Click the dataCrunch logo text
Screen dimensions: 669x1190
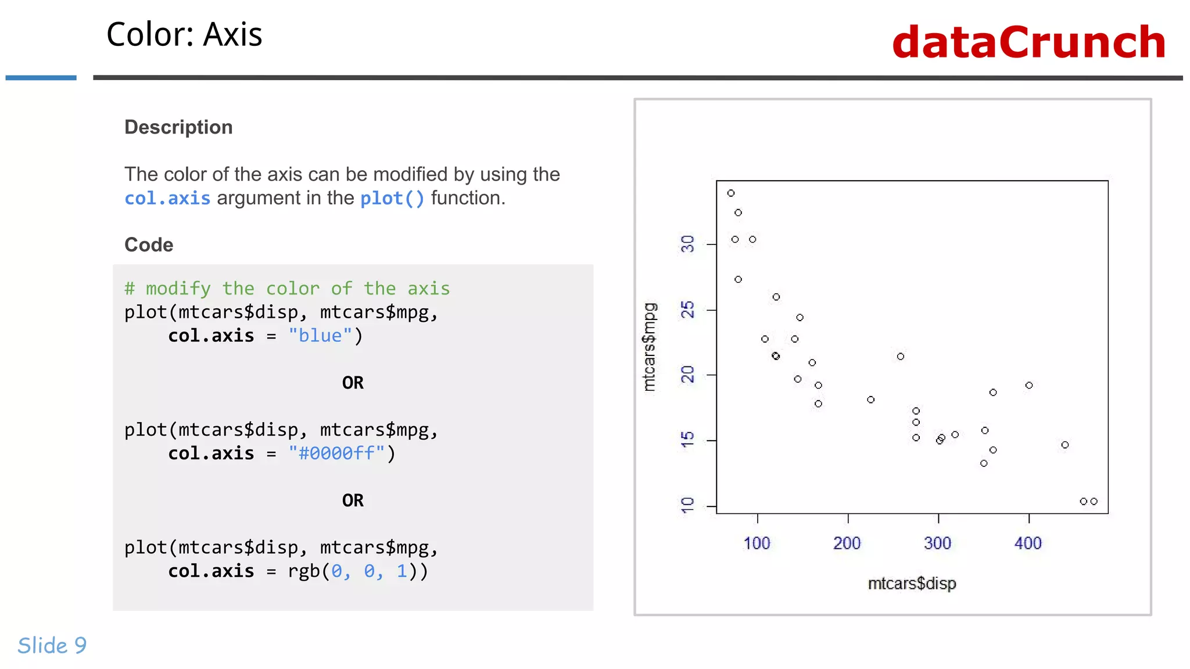[x=1028, y=42]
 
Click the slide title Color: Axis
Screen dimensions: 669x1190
[x=184, y=35]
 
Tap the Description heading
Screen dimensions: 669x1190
[x=178, y=127]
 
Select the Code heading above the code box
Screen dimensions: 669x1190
[x=149, y=244]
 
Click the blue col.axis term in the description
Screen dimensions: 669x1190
[x=167, y=199]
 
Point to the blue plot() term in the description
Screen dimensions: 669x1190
[x=392, y=199]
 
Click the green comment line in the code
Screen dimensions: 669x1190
[x=287, y=289]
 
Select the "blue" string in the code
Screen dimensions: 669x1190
[x=320, y=336]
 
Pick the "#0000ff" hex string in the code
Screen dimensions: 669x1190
[x=336, y=453]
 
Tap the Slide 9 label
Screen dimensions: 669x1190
[x=52, y=645]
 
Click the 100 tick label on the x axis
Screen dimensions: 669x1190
[x=757, y=544]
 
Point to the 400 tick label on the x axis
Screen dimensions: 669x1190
[x=1028, y=544]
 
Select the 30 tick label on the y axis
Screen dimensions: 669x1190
[x=687, y=244]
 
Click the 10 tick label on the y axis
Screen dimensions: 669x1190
[x=687, y=505]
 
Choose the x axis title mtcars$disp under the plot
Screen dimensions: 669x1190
[x=912, y=584]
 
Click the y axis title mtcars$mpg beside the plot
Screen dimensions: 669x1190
[x=650, y=347]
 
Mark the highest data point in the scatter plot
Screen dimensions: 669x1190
[x=731, y=193]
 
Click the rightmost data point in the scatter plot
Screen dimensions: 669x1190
[x=1094, y=501]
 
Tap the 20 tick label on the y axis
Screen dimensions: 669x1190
[x=687, y=375]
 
